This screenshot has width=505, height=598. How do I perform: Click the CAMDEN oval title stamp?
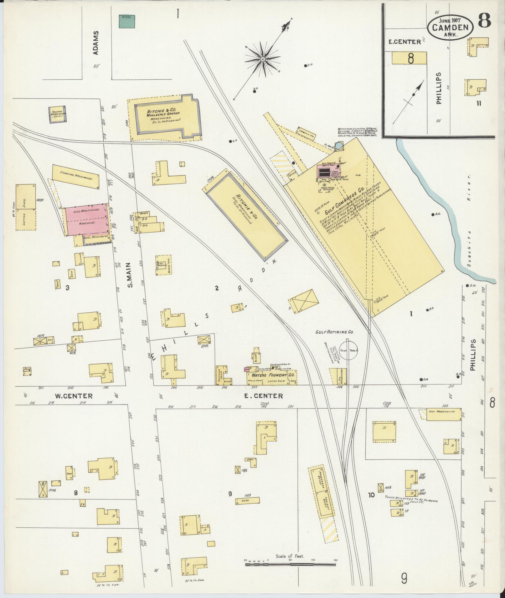450,27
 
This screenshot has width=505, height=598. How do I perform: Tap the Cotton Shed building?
26,207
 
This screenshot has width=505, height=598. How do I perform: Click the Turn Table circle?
348,351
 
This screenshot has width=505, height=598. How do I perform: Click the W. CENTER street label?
74,396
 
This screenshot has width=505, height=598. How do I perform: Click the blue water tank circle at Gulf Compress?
339,146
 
